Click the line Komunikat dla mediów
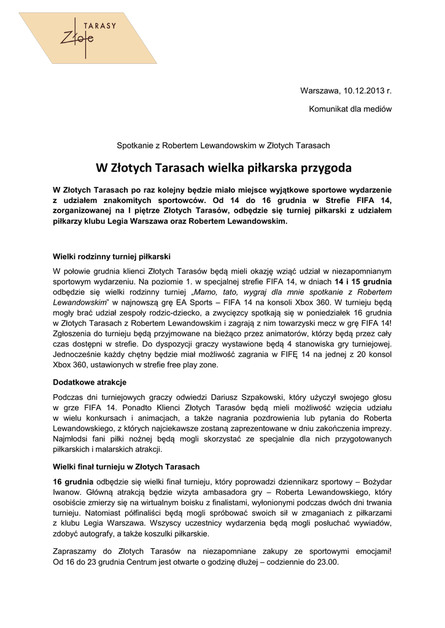tap(350, 109)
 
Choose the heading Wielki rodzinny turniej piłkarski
tap(112, 256)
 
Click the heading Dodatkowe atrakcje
tap(90, 383)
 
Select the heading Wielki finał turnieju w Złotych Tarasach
tap(126, 467)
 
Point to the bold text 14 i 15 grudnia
tap(363, 281)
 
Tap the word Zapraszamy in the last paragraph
tap(74, 551)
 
